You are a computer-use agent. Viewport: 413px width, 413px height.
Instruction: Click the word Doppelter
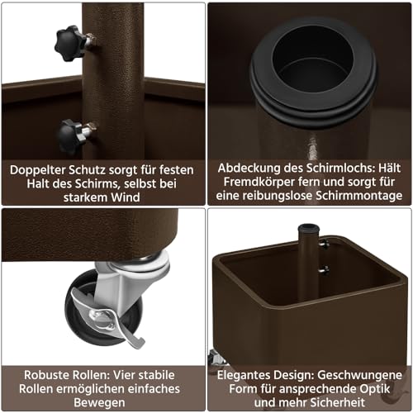37,170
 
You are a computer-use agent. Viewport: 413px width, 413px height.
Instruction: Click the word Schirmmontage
358,196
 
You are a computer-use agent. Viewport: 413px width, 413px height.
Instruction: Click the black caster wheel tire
104,308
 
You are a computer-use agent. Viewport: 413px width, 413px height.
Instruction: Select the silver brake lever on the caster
108,319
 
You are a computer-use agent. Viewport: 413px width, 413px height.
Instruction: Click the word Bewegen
99,403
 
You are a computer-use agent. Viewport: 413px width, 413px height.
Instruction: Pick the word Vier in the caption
125,375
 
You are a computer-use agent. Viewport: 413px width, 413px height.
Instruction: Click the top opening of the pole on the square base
309,228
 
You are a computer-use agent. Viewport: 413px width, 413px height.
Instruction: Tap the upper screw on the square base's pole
324,244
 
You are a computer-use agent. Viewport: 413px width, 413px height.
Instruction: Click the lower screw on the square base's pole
324,269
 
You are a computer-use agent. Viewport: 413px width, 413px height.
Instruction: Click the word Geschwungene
360,375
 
